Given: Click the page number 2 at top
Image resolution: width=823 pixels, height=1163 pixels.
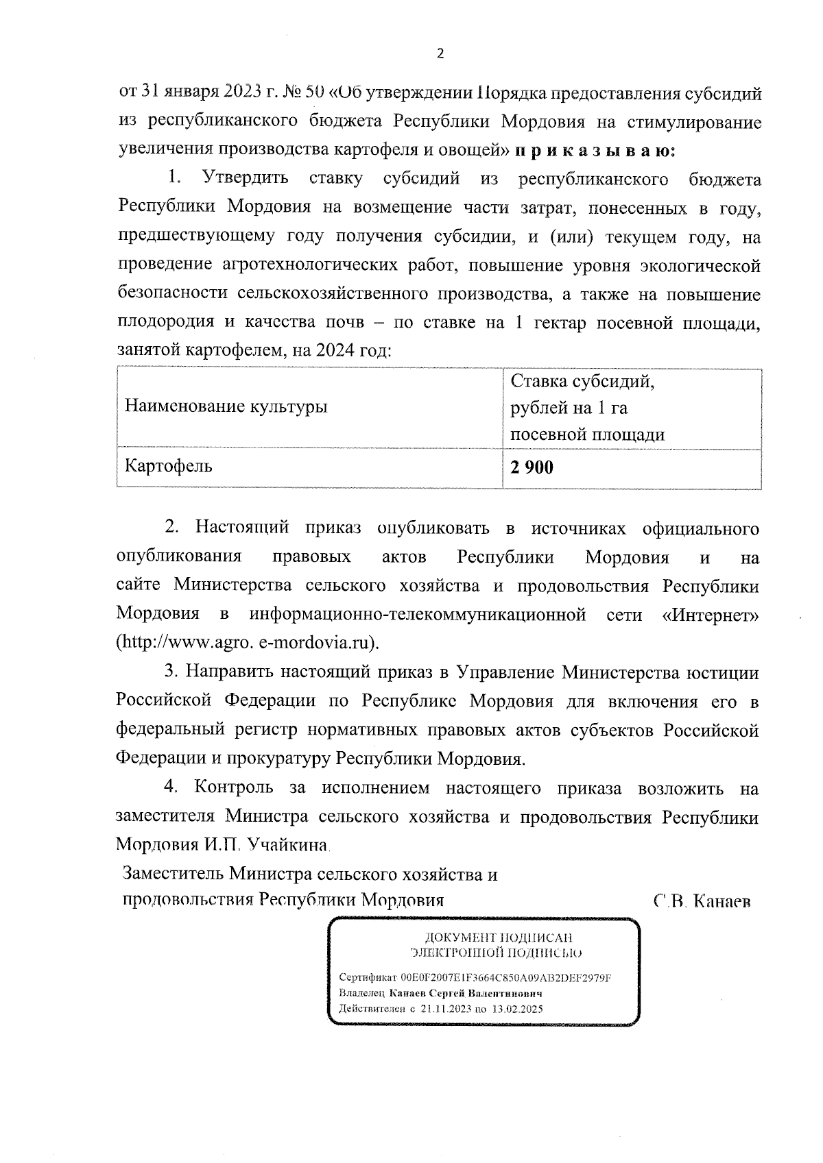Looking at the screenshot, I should (x=440, y=54).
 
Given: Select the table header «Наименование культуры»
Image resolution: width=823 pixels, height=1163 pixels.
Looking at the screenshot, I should (x=226, y=407).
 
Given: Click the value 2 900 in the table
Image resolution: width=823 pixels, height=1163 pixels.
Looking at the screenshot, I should (x=531, y=467).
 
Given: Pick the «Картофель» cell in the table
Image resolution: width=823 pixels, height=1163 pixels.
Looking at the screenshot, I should (x=168, y=467).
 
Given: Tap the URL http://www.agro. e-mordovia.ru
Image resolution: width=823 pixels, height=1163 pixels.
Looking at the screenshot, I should (x=249, y=644).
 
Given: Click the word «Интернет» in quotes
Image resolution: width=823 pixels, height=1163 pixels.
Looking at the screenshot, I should (x=711, y=615).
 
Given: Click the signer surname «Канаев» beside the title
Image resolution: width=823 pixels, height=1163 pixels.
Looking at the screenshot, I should (x=723, y=902).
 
